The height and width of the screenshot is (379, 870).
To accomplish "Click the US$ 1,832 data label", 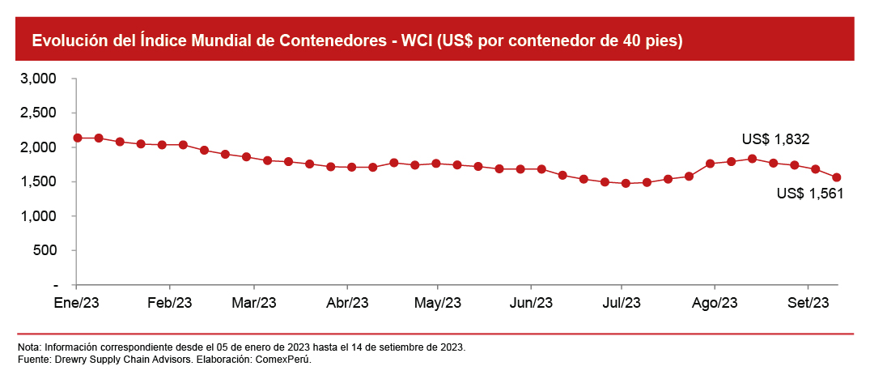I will click(x=775, y=139).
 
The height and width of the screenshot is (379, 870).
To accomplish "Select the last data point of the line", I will click(x=837, y=177).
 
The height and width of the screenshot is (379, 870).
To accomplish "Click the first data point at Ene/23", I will click(x=77, y=138).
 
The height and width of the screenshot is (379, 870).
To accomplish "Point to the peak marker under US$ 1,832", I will click(x=752, y=158).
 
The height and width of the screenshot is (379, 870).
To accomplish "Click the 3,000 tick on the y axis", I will click(x=39, y=79).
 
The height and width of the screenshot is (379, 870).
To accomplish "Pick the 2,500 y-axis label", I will click(x=39, y=113).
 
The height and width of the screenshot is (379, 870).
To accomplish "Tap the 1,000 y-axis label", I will click(x=39, y=216).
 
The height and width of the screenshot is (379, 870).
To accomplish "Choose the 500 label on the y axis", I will click(x=44, y=251).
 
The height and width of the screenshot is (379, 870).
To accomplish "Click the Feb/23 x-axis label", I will click(x=170, y=303).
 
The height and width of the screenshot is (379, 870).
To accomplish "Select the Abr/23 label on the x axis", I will click(x=346, y=303).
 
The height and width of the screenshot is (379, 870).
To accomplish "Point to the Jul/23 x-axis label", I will click(x=622, y=303).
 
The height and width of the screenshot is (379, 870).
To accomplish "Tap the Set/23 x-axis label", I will click(x=808, y=303).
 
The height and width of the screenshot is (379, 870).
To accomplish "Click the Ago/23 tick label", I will click(x=715, y=303).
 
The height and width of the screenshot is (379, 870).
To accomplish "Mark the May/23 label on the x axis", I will click(x=438, y=303).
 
